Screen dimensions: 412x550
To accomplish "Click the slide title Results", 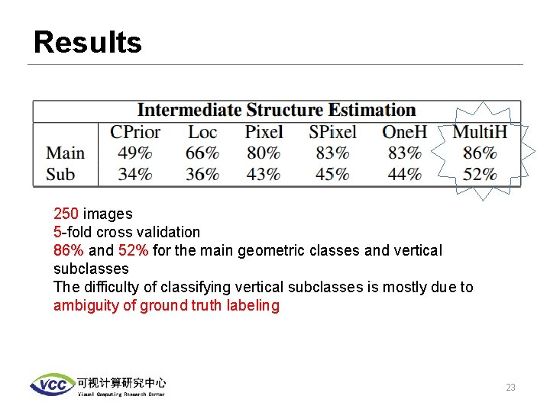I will (88, 43).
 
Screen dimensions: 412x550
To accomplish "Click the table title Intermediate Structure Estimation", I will (277, 111).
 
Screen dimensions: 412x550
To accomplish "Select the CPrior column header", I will (135, 132).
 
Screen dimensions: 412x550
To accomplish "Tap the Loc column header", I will (202, 132).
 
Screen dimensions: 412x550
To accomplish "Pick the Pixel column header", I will (264, 132).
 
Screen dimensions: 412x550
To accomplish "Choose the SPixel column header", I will (332, 132).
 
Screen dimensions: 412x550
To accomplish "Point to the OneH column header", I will (404, 132).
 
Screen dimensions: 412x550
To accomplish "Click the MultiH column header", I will (480, 132).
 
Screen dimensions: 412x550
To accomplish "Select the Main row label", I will (65, 153).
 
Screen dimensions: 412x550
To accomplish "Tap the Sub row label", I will (60, 174).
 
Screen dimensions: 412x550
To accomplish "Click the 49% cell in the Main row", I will (135, 153).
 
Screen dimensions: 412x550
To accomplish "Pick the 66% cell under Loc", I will (202, 153).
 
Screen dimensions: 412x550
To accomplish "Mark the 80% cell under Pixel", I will (264, 153).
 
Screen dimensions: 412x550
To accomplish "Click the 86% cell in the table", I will (480, 153).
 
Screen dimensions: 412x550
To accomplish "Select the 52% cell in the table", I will (480, 174).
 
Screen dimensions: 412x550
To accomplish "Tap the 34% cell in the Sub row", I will (135, 174).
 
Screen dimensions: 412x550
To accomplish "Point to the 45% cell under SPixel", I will (332, 174).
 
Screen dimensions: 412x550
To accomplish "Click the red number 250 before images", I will (66, 214).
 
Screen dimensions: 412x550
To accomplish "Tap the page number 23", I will (510, 388).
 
